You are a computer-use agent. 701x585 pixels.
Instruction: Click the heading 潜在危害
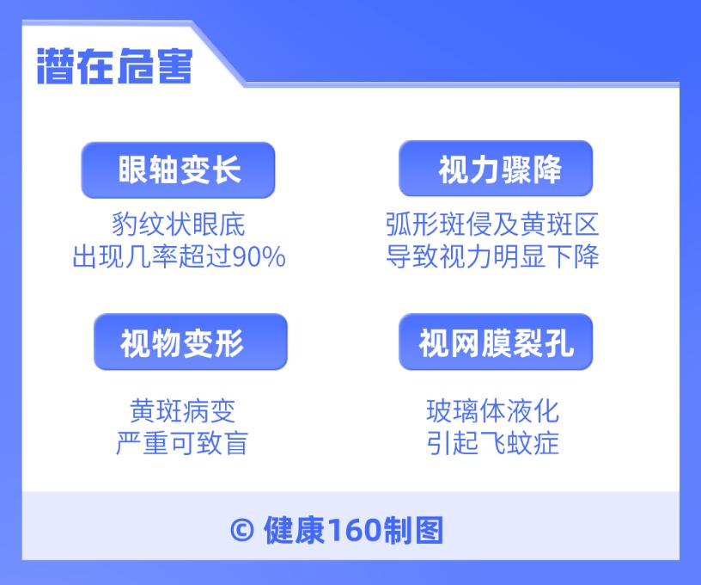point(114,65)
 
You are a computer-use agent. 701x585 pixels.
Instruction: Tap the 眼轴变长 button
point(179,169)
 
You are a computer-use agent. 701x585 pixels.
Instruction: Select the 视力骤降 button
point(497,169)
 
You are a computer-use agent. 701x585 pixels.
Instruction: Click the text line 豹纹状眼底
point(179,225)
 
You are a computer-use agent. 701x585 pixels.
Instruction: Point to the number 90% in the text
point(261,257)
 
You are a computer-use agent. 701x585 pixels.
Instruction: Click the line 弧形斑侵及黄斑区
point(492,225)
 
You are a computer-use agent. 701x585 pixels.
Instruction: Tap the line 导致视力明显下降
point(492,257)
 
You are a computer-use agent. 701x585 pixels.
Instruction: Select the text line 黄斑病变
point(182,410)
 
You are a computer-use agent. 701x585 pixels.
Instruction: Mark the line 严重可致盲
point(182,443)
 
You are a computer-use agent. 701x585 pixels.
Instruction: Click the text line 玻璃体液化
point(492,410)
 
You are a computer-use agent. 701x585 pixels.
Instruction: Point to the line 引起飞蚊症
point(492,443)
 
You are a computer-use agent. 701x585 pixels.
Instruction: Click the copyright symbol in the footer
point(242,530)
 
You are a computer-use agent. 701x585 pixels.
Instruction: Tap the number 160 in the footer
point(355,530)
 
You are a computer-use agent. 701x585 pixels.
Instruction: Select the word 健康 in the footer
point(294,530)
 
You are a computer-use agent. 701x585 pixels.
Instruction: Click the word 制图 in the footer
point(414,530)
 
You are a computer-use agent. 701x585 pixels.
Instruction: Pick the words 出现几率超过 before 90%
point(154,257)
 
